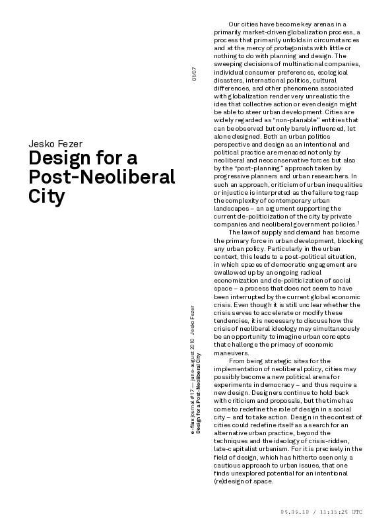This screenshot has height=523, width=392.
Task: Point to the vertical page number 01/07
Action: click(193, 74)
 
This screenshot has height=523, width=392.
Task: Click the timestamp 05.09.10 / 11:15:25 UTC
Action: click(321, 512)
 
